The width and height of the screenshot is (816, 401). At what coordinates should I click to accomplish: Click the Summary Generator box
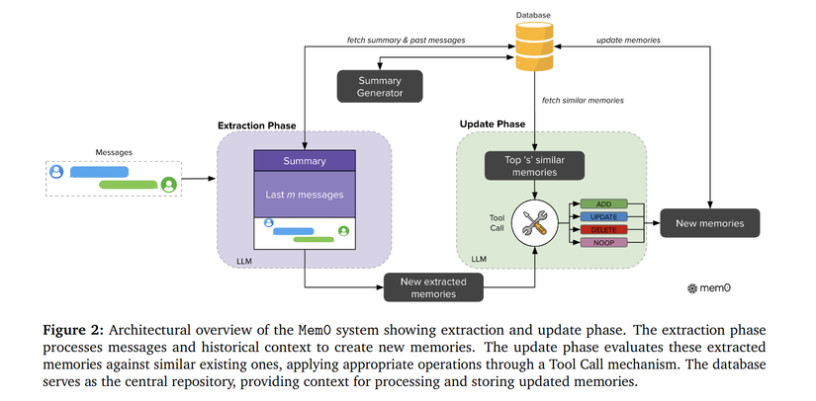tap(379, 85)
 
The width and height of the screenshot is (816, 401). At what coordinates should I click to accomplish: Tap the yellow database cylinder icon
tap(534, 44)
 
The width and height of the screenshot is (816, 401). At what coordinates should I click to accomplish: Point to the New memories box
tap(708, 223)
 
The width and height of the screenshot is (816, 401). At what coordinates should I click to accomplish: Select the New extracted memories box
tap(434, 286)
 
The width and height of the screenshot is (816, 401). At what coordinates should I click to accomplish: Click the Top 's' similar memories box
tap(535, 165)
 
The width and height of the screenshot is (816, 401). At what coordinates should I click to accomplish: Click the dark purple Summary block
tap(305, 160)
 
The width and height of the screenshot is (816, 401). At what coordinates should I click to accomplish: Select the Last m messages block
tap(305, 195)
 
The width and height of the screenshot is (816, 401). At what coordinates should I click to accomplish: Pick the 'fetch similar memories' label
tap(584, 100)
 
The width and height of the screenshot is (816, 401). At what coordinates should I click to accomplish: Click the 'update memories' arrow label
tap(628, 40)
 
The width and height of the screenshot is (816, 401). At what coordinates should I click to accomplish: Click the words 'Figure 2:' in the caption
tap(68, 328)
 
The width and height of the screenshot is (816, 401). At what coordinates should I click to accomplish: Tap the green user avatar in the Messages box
tap(169, 184)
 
